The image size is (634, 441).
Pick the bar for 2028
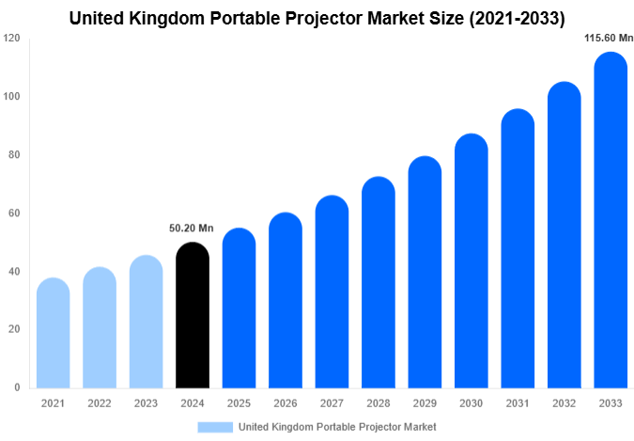click(x=379, y=282)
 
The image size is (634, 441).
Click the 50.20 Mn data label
click(x=193, y=228)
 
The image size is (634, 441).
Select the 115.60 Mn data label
click(x=610, y=38)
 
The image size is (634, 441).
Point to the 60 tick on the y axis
click(x=14, y=213)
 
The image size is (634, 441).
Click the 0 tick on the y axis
click(x=17, y=387)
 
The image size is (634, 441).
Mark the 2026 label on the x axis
click(x=286, y=402)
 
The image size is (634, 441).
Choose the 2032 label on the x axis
click(x=564, y=402)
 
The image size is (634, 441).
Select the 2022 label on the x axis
click(x=100, y=402)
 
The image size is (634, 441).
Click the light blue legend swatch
click(x=215, y=427)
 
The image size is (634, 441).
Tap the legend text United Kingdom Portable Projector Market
click(x=338, y=427)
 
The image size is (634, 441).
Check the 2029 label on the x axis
click(x=425, y=402)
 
